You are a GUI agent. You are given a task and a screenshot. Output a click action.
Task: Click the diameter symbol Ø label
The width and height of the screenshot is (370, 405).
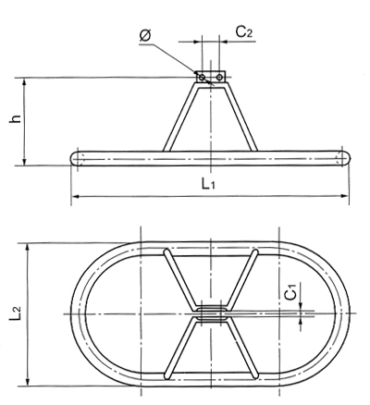tap(145, 35)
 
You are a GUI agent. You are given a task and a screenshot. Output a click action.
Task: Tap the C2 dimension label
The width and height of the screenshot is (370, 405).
tap(244, 31)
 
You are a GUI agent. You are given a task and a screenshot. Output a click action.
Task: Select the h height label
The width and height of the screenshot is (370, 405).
tap(16, 118)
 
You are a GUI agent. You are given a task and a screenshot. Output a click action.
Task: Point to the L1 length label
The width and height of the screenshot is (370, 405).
tap(208, 184)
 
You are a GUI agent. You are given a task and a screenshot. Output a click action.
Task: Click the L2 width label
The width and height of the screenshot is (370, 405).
tap(16, 313)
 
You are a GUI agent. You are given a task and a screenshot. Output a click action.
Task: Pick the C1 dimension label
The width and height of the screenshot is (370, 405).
tap(290, 291)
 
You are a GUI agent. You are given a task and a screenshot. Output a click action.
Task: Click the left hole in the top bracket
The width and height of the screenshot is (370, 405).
tap(202, 78)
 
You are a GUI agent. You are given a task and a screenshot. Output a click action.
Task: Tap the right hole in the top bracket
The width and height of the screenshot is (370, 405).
tap(219, 78)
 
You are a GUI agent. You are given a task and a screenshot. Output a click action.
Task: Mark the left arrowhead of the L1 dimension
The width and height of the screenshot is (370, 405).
tap(75, 196)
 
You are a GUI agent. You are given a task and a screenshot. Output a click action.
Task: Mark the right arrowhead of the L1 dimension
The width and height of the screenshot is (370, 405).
tap(345, 195)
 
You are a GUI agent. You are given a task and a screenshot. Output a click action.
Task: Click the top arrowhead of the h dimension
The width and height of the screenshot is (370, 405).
tap(25, 82)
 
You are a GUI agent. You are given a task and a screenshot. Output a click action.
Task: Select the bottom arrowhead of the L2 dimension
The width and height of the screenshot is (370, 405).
tap(28, 382)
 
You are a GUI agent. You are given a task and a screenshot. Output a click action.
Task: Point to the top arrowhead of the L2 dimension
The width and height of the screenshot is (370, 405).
tap(28, 248)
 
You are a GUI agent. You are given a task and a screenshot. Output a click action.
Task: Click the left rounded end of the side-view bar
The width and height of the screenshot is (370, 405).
tap(75, 159)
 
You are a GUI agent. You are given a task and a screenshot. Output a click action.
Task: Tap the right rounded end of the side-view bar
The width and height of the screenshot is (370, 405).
tap(346, 158)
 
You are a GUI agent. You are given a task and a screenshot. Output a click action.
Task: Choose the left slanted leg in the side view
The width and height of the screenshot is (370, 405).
tap(180, 117)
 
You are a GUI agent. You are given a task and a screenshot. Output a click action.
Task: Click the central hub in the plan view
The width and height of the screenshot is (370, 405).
tap(211, 314)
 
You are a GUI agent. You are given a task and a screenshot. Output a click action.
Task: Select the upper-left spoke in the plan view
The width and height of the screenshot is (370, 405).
tap(179, 280)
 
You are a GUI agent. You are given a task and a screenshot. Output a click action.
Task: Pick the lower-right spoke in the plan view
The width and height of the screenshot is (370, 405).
tap(242, 348)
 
